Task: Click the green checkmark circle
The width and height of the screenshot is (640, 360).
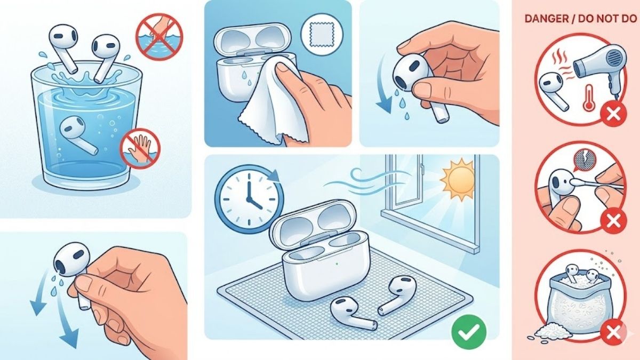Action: [x=468, y=331]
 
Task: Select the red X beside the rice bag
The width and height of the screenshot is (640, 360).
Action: [x=610, y=334]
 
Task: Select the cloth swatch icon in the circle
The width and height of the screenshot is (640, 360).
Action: [x=318, y=33]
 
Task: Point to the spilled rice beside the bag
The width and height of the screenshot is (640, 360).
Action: [x=546, y=331]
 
